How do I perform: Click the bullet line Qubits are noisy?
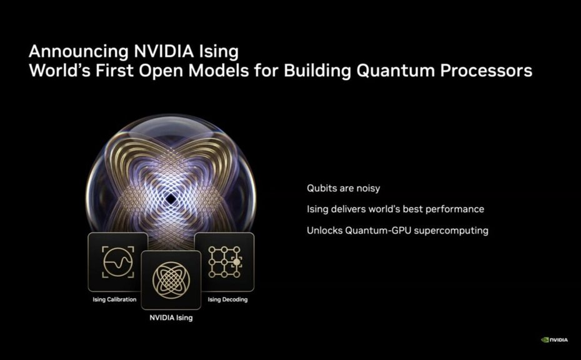[343, 188]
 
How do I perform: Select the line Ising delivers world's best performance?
[395, 209]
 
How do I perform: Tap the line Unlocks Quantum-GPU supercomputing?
[397, 231]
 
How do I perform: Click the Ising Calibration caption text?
[114, 299]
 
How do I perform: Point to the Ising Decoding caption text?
[227, 299]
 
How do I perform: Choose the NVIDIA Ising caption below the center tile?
[171, 317]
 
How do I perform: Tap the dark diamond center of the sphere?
[171, 198]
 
